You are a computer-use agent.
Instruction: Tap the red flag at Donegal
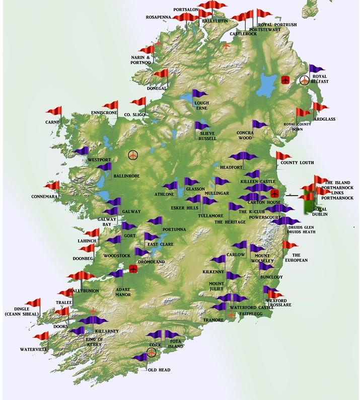161,74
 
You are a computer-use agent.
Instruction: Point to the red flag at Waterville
42,336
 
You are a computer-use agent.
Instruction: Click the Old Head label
159,370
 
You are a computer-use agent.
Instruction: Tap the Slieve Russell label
207,136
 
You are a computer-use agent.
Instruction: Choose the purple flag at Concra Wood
259,124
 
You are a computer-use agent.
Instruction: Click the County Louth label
297,163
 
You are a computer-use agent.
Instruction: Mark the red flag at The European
290,245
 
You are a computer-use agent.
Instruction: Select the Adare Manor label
123,292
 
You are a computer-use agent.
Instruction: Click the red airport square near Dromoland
133,269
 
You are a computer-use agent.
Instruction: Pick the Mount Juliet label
220,287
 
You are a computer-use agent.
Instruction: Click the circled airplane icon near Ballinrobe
133,155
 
